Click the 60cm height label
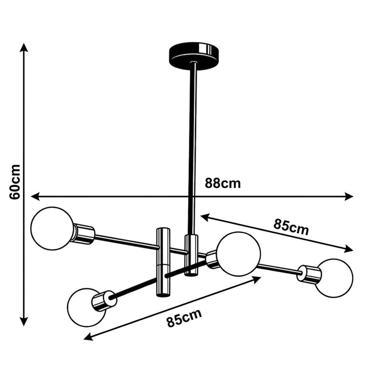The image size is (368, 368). pyautogui.click(x=15, y=182)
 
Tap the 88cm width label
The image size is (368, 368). pyautogui.click(x=223, y=183)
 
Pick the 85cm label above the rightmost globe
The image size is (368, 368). pyautogui.click(x=291, y=227)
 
